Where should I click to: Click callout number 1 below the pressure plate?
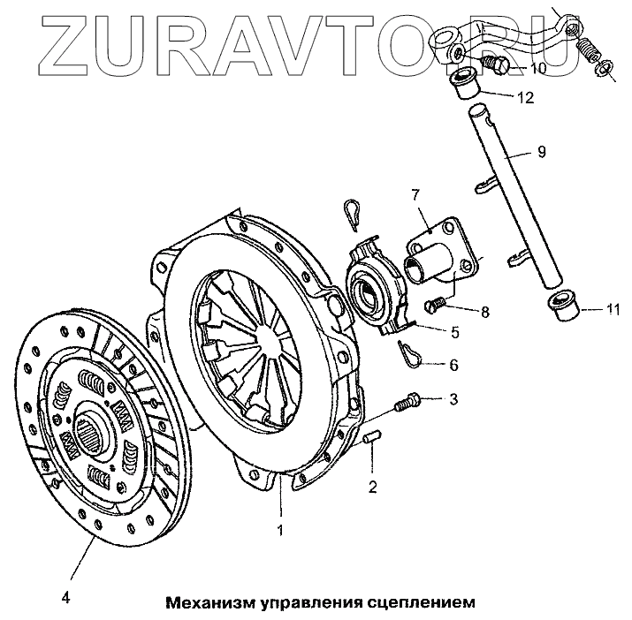click(280, 531)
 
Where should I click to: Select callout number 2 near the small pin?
click(373, 486)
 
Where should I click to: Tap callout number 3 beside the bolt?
click(453, 400)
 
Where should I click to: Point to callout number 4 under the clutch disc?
click(65, 596)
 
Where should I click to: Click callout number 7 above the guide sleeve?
click(413, 193)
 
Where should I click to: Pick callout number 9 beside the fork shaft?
click(541, 151)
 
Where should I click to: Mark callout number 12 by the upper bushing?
click(526, 97)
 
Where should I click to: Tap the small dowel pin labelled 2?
click(372, 436)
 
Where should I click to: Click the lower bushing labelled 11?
click(562, 306)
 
